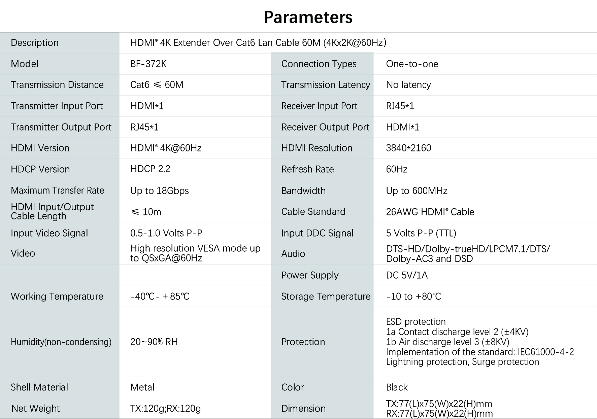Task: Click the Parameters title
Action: coord(308,17)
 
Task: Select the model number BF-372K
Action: coord(148,64)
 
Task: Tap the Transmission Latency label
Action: coord(326,85)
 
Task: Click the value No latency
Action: coord(408,85)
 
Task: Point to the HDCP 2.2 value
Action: coord(150,169)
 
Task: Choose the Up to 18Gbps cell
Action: coord(160,191)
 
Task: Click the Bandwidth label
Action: coord(303,191)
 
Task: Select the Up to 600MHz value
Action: coord(417,191)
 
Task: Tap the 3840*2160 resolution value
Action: coord(408,148)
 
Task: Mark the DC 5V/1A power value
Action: coord(407,275)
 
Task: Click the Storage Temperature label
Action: coord(326,296)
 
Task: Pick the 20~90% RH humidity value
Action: coord(154,342)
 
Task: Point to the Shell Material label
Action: coord(39,387)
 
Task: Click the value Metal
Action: coord(142,387)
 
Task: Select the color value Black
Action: coord(397,387)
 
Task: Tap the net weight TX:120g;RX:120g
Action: coord(165,409)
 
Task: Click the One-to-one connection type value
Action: coord(412,64)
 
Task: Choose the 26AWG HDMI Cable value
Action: coord(430,212)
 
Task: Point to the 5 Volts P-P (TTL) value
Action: coord(421,233)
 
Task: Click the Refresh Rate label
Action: coord(307,169)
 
